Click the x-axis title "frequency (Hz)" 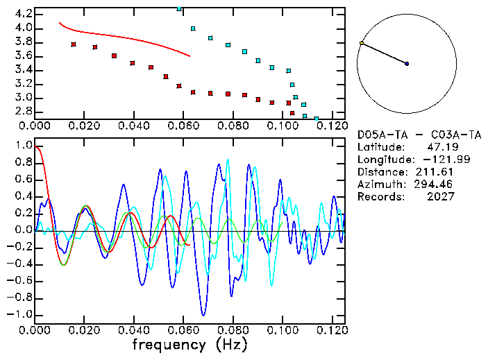pyautogui.click(x=190, y=344)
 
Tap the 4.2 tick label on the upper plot pyautogui.click(x=22, y=14)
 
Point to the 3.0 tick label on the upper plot pyautogui.click(x=22, y=98)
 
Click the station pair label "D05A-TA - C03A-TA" pyautogui.click(x=419, y=135)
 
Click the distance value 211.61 pyautogui.click(x=437, y=172)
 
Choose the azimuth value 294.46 pyautogui.click(x=437, y=185)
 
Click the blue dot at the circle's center pyautogui.click(x=407, y=64)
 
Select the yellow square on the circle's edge pyautogui.click(x=362, y=43)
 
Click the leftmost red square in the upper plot pyautogui.click(x=74, y=44)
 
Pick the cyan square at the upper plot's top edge pyautogui.click(x=180, y=9)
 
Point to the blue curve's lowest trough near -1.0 pyautogui.click(x=203, y=315)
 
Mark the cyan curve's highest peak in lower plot pyautogui.click(x=228, y=160)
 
